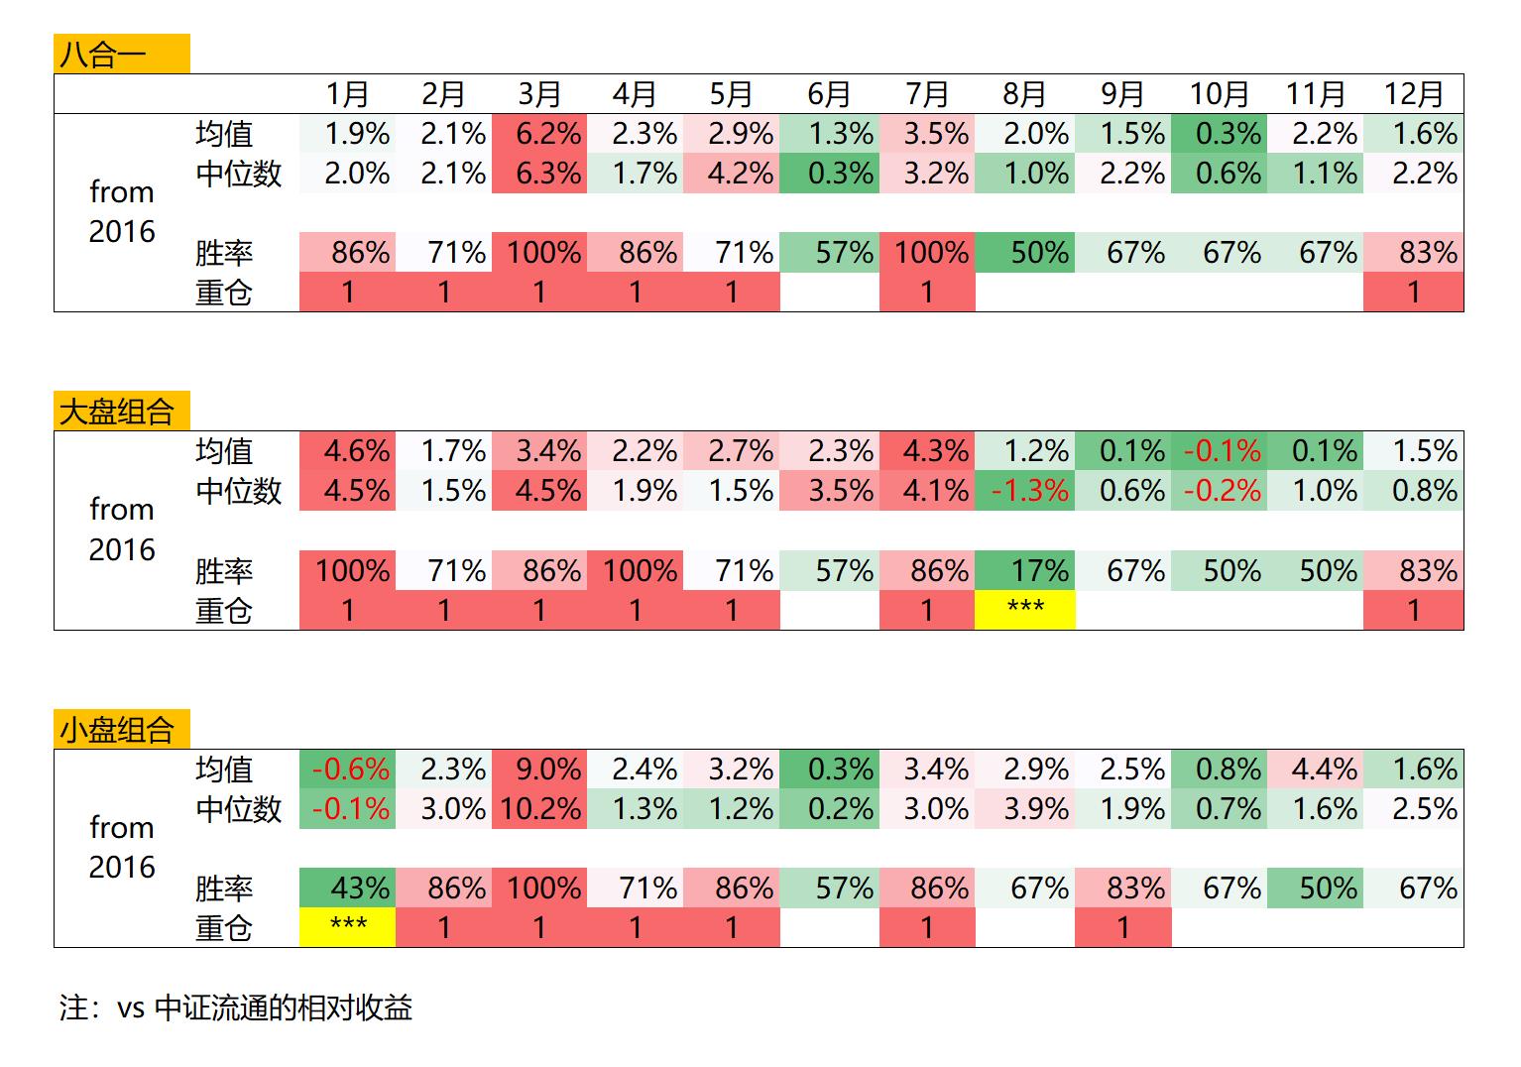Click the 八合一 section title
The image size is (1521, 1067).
coord(103,54)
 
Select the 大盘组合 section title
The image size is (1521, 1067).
coord(117,412)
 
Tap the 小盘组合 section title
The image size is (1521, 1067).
coord(117,731)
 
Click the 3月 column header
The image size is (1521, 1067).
coord(539,94)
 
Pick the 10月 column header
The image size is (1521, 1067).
coord(1219,94)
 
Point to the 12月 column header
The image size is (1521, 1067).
coord(1413,94)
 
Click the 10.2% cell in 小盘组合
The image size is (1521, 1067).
coord(540,809)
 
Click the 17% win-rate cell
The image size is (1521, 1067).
coord(1038,571)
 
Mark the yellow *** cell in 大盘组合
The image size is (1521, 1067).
coord(1025,610)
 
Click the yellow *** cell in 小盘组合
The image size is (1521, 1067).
coord(348,928)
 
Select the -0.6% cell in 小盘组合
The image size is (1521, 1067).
coord(350,770)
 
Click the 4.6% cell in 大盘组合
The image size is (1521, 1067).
coord(356,451)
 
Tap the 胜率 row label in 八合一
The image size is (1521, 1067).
coord(224,253)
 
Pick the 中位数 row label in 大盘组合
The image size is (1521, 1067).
coord(239,491)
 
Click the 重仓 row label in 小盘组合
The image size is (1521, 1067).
coord(224,928)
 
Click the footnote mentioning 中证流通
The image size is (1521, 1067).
coord(236,1008)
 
